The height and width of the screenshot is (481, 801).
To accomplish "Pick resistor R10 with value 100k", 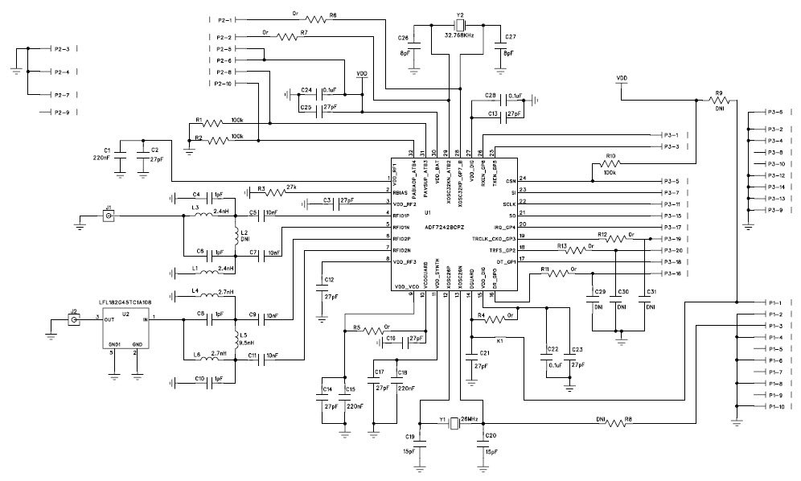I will pyautogui.click(x=610, y=166).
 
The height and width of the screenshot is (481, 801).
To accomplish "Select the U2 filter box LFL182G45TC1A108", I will pyautogui.click(x=125, y=330).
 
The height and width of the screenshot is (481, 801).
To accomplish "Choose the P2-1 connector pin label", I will pyautogui.click(x=224, y=19).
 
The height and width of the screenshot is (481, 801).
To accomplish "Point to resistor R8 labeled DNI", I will pyautogui.click(x=618, y=423).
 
